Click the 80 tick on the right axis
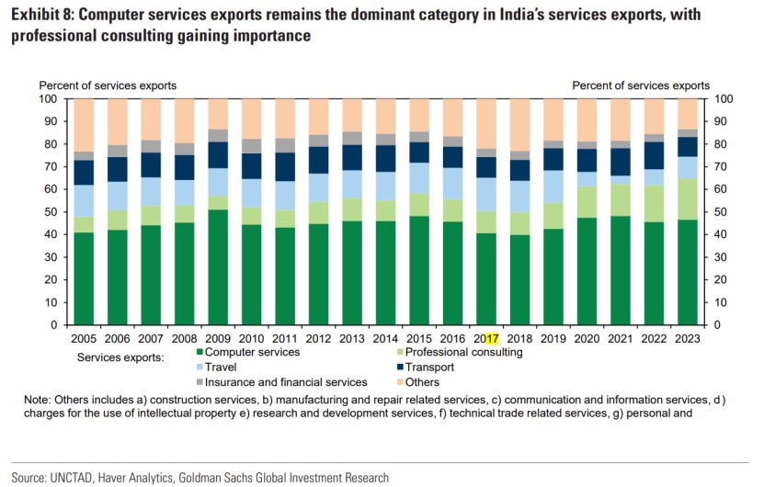(721, 144)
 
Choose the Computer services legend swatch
(200, 352)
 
